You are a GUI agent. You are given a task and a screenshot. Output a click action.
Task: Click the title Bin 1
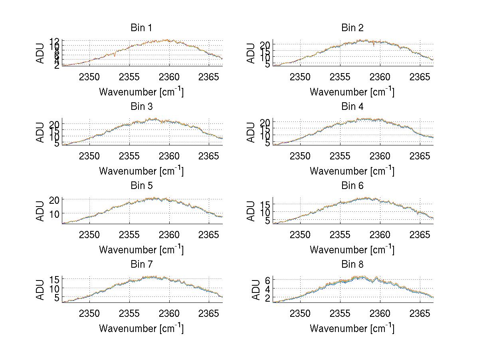(x=141, y=28)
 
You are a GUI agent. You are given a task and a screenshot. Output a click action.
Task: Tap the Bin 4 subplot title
(x=352, y=107)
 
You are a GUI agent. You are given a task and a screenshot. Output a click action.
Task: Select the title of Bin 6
(x=352, y=185)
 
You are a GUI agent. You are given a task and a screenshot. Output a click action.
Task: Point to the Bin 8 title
(x=352, y=264)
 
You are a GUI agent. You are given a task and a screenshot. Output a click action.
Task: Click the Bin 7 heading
(x=141, y=264)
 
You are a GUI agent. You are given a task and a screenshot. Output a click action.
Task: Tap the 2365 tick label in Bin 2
(x=420, y=77)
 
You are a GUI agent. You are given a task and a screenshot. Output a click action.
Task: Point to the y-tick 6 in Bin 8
(x=268, y=280)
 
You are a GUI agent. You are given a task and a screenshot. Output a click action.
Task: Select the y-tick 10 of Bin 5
(x=55, y=214)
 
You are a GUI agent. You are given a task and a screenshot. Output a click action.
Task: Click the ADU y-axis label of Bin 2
(x=251, y=53)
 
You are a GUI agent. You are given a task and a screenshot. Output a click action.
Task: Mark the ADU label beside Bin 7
(x=40, y=290)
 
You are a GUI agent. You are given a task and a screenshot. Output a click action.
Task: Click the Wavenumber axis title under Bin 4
(x=352, y=171)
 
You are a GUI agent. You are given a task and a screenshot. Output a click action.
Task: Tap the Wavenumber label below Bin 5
(x=141, y=249)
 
